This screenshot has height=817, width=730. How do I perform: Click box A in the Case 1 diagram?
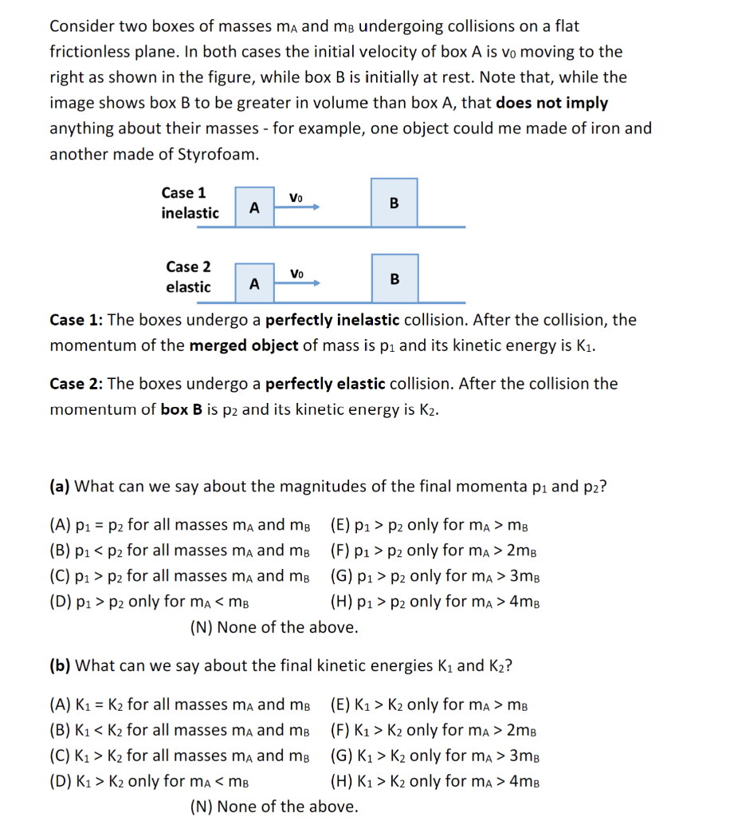(254, 207)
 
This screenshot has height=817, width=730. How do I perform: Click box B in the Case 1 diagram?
(394, 203)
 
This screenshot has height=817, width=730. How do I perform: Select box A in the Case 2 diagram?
(254, 283)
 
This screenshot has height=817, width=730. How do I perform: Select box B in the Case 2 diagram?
(394, 278)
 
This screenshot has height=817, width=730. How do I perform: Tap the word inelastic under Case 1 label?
(190, 213)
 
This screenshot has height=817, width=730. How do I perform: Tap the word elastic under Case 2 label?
(188, 287)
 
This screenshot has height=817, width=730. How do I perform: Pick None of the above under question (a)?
(274, 627)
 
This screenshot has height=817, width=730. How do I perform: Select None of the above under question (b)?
(274, 807)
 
